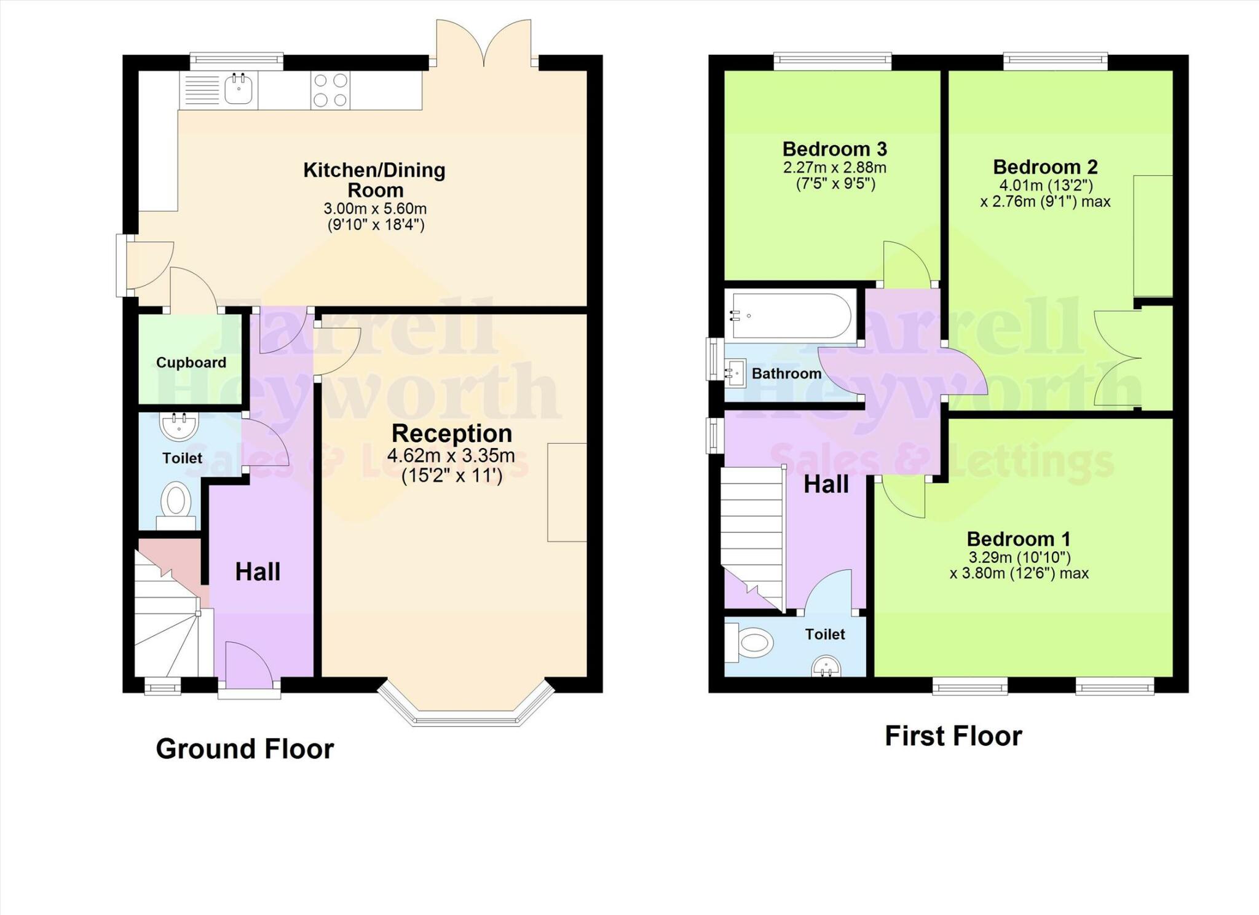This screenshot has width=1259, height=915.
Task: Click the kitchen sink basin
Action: click(238, 90)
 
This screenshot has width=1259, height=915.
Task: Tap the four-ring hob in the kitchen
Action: click(330, 90)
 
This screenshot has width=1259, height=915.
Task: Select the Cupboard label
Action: click(191, 363)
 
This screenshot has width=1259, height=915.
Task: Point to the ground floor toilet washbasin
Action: click(179, 426)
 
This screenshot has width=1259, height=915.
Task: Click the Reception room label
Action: click(452, 434)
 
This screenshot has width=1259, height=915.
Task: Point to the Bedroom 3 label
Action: click(834, 149)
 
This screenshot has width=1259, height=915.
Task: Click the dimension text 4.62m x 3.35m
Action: click(451, 456)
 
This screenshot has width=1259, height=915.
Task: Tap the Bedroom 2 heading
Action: click(1045, 167)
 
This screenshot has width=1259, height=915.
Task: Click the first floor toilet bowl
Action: click(755, 643)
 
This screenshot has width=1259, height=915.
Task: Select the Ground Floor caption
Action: click(245, 749)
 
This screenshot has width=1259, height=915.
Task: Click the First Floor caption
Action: click(953, 736)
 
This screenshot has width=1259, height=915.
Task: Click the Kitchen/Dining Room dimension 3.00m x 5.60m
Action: click(375, 208)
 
